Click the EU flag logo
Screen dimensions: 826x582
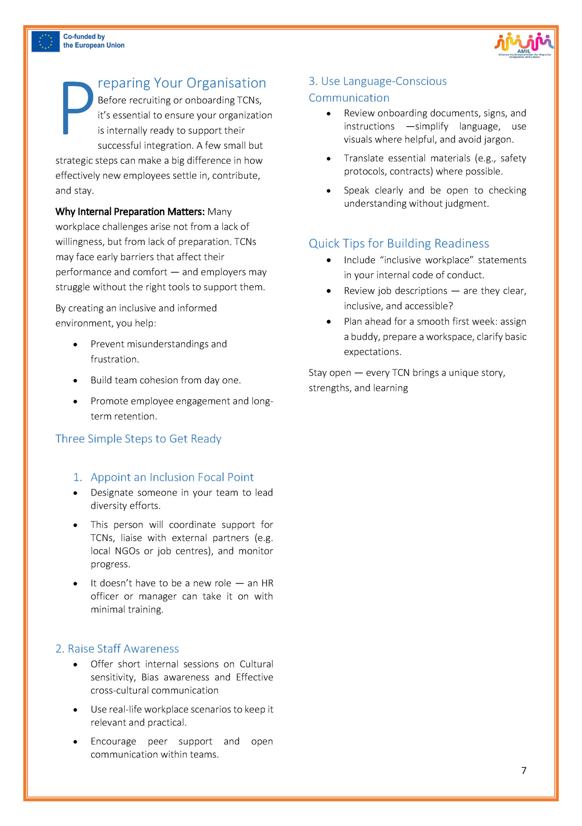click(46, 42)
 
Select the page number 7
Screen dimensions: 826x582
click(524, 770)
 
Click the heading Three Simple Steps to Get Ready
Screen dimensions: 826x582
click(138, 439)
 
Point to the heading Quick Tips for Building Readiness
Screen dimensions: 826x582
click(399, 243)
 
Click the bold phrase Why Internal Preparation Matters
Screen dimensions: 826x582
click(130, 212)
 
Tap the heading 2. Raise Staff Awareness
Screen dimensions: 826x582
click(117, 648)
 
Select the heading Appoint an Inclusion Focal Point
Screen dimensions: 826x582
click(172, 477)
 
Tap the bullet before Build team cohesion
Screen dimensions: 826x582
click(75, 380)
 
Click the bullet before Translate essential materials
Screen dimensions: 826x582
click(328, 158)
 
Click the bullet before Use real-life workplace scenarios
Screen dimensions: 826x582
click(75, 710)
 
